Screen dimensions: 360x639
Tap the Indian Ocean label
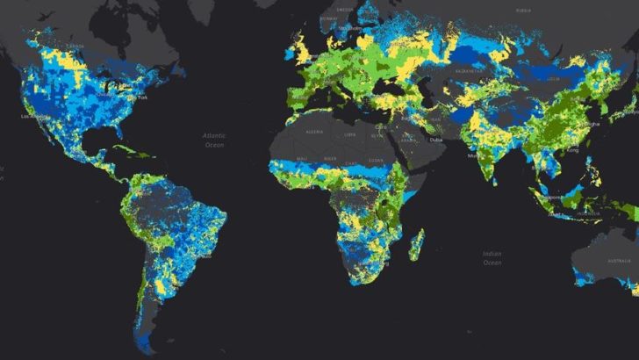pyautogui.click(x=492, y=257)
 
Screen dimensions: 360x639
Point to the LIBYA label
pyautogui.click(x=350, y=135)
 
